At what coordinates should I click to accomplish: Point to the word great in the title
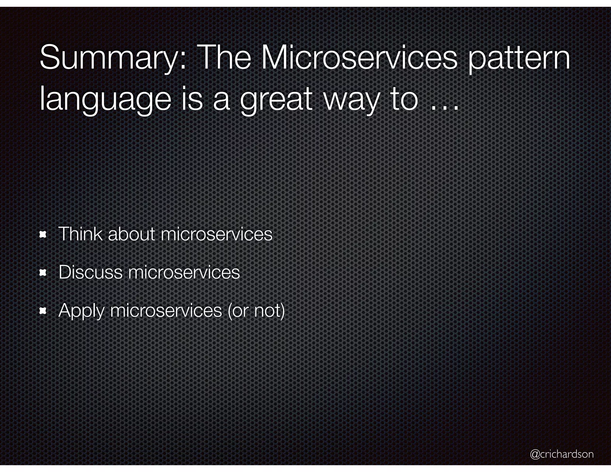276,100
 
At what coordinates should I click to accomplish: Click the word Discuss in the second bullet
90,272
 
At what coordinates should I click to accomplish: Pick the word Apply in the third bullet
81,311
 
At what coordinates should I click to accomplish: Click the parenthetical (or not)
256,311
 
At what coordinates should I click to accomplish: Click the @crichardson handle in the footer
562,454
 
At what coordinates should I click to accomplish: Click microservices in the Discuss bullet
184,272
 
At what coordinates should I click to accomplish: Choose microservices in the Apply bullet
166,311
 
